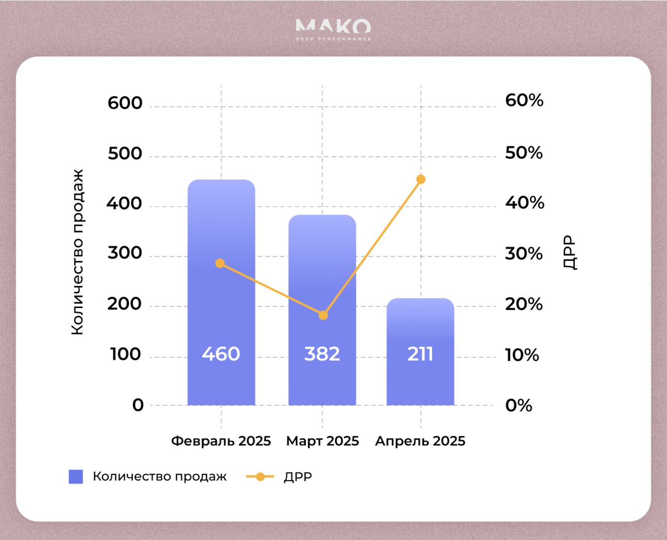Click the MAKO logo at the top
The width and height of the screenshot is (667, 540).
(x=333, y=29)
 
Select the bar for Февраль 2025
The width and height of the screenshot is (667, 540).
(x=221, y=299)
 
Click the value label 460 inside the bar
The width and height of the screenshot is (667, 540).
(x=221, y=354)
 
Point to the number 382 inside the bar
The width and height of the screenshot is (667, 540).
(x=322, y=354)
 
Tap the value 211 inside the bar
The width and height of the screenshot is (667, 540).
(x=420, y=354)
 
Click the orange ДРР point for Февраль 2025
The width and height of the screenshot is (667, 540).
(x=220, y=263)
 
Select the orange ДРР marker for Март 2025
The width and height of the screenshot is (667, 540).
(x=323, y=315)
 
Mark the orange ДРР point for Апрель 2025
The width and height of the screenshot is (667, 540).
(x=421, y=179)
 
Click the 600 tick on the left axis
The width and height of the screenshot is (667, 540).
(x=125, y=103)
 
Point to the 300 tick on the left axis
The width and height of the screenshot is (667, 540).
(x=125, y=253)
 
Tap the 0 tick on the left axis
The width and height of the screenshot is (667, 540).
(x=138, y=405)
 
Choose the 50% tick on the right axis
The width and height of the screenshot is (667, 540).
(x=524, y=153)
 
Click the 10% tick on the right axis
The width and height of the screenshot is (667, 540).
(x=522, y=355)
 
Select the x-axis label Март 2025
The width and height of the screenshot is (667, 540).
(x=322, y=441)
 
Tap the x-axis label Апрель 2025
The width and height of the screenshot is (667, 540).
(x=420, y=441)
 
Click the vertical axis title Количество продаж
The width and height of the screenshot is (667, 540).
(x=77, y=252)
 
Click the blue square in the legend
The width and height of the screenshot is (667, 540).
(x=76, y=477)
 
